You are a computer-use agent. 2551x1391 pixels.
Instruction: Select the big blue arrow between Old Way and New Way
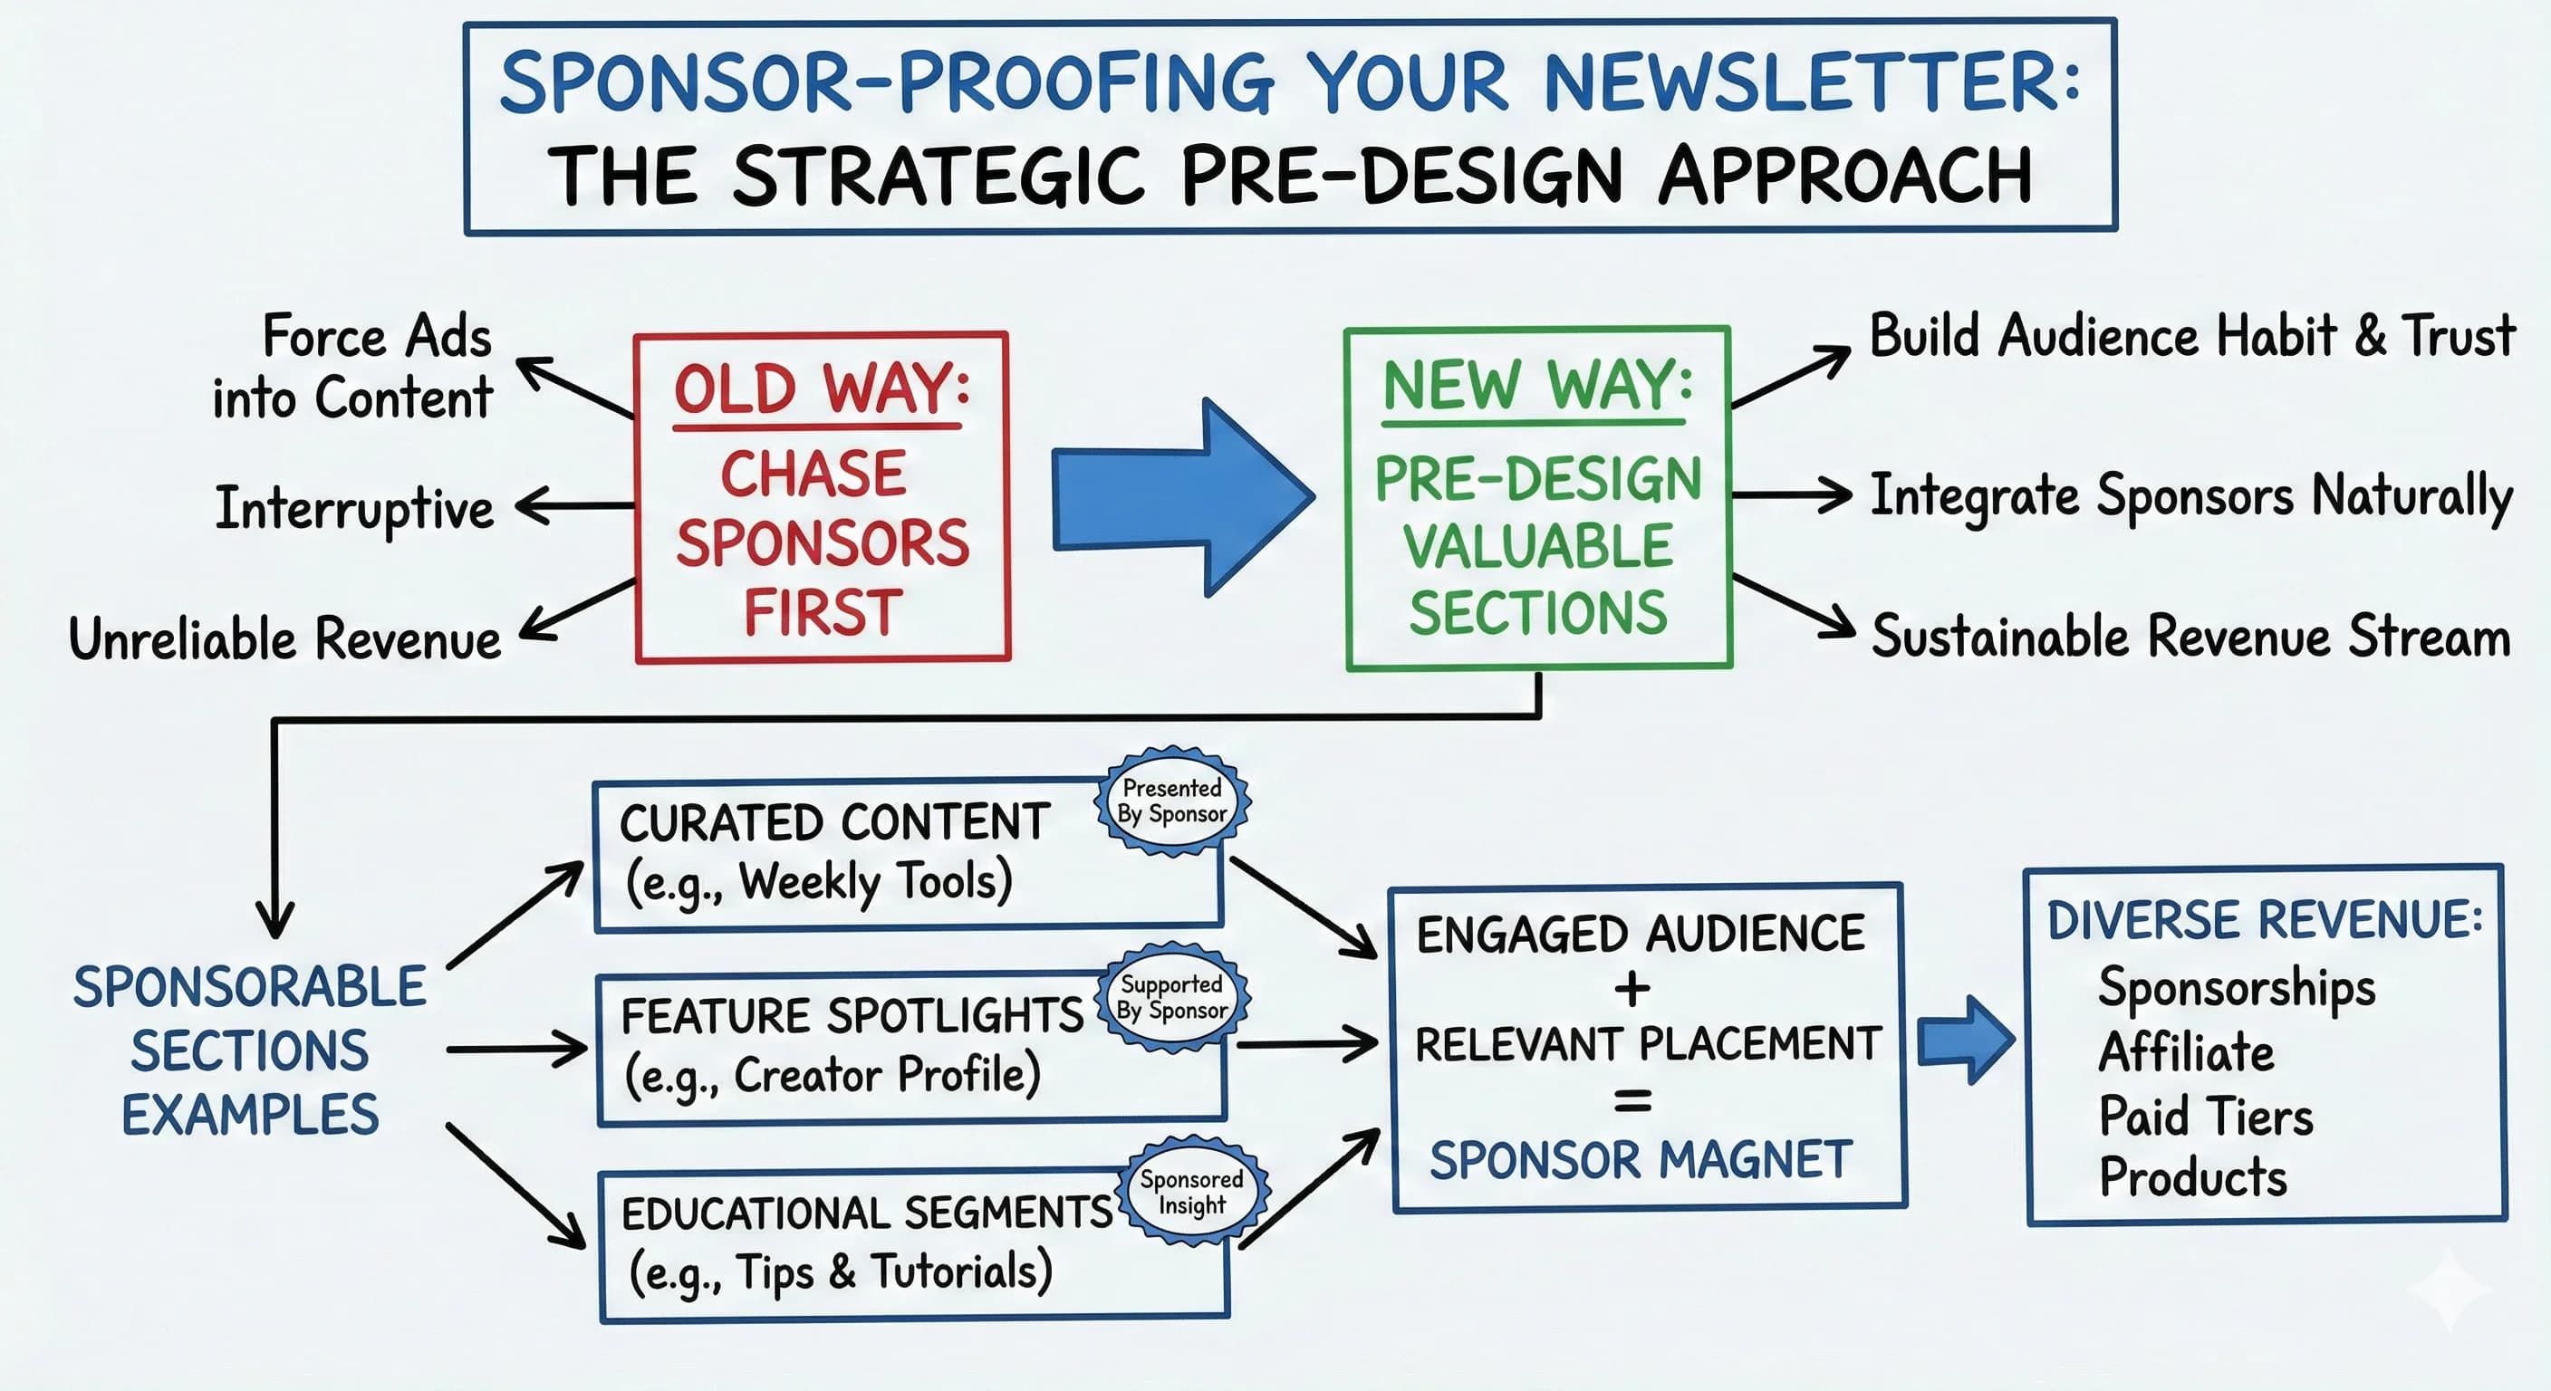(x=1183, y=497)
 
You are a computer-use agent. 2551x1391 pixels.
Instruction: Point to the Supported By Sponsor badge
(x=1172, y=997)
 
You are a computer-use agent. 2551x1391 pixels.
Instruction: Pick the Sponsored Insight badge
(x=1191, y=1192)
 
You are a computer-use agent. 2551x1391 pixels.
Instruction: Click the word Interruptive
(x=354, y=509)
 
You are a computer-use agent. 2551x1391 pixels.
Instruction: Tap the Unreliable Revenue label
(x=284, y=638)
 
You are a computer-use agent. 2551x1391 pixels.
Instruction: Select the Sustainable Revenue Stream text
(x=2190, y=637)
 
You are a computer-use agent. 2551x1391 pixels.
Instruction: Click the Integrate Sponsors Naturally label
(x=2190, y=495)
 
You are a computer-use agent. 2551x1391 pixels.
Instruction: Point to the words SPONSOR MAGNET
(x=1640, y=1160)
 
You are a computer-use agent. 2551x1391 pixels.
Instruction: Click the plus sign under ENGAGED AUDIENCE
(x=1632, y=988)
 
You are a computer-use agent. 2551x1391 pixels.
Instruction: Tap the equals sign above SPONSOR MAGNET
(x=1632, y=1101)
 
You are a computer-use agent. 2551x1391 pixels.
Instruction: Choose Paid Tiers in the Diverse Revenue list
(x=2205, y=1117)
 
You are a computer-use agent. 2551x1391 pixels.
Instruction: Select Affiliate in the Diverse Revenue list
(x=2186, y=1052)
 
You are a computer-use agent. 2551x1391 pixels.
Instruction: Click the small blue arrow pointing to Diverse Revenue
(x=1966, y=1041)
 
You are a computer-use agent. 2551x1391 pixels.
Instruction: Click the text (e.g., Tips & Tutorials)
(x=840, y=1272)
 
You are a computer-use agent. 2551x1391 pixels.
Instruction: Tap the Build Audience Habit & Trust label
(x=2191, y=336)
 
